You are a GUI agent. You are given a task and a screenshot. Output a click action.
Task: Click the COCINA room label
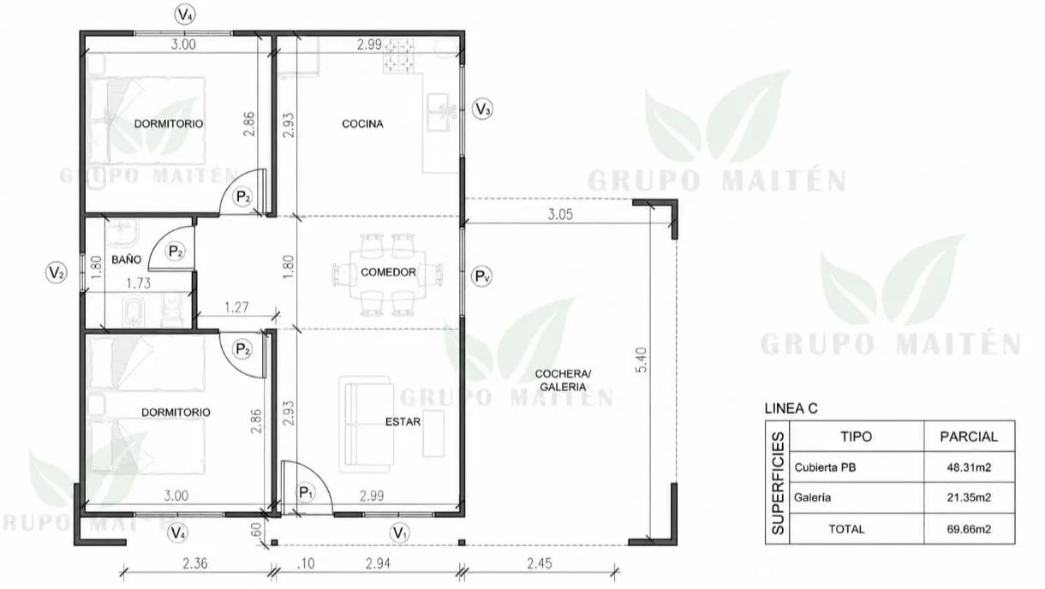pos(362,123)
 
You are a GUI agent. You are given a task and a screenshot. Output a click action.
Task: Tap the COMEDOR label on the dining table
pos(388,272)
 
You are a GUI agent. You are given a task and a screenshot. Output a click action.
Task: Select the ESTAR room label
pos(403,421)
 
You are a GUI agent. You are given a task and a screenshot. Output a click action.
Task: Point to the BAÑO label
pos(126,259)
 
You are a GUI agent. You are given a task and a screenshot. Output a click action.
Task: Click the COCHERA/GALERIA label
pos(563,380)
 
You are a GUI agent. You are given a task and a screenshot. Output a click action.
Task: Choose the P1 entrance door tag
pos(306,492)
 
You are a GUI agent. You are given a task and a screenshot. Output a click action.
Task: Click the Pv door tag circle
pos(482,277)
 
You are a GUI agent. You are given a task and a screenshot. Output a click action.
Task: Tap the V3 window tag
pos(482,109)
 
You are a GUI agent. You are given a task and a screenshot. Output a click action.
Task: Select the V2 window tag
pos(56,273)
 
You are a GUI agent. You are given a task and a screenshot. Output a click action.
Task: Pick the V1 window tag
pos(400,532)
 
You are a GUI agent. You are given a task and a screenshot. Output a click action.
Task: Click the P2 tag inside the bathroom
pos(175,252)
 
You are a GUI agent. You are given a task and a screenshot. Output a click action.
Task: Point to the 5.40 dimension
pos(642,360)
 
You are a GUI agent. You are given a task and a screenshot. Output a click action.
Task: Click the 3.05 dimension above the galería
pos(560,215)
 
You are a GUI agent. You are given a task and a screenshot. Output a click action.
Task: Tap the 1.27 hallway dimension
pos(236,307)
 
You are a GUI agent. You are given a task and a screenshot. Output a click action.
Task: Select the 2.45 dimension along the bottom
pos(540,563)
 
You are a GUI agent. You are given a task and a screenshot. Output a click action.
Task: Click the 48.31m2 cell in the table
pos(969,467)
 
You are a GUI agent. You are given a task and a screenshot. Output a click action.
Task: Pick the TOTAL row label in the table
pos(847,529)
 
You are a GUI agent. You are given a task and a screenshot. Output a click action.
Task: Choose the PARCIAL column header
pos(969,437)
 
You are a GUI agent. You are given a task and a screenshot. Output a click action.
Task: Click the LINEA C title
pos(791,408)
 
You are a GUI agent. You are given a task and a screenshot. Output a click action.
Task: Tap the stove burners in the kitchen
pos(399,56)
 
